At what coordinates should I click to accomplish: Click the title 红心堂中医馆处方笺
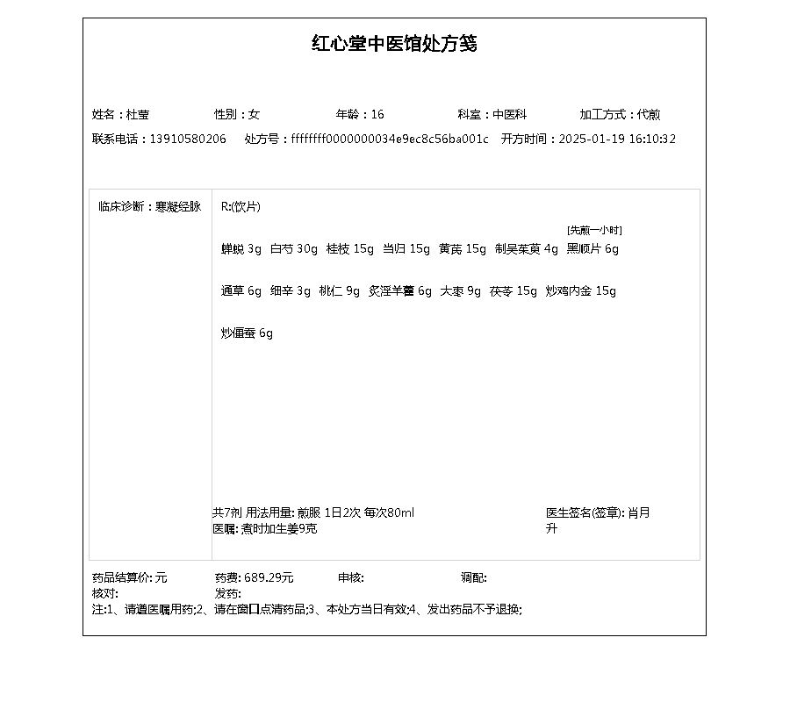tap(394, 44)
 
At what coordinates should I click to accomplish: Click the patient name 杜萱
tap(138, 115)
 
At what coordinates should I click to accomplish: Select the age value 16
tap(377, 115)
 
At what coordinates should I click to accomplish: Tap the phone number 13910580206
tap(188, 140)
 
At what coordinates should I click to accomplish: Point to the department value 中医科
tap(509, 115)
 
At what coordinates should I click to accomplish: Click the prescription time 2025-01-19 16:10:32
tap(617, 140)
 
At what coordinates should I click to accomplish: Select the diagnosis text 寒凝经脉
tap(178, 207)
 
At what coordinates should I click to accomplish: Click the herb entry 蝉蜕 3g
tap(241, 249)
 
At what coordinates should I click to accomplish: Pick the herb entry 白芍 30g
tap(294, 249)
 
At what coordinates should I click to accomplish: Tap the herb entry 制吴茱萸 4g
tap(527, 249)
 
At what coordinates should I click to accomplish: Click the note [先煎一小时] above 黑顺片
tap(594, 230)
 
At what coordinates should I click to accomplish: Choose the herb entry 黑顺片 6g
tap(592, 249)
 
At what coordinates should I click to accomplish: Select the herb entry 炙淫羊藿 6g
tap(400, 291)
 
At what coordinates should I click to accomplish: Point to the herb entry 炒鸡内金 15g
tap(581, 291)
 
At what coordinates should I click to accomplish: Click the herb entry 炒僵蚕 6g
tap(247, 333)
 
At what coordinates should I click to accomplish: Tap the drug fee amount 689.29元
tap(269, 578)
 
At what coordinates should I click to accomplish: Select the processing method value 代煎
tap(650, 115)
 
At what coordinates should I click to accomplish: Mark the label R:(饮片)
tap(241, 207)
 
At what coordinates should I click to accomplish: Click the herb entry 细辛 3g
tap(291, 291)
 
